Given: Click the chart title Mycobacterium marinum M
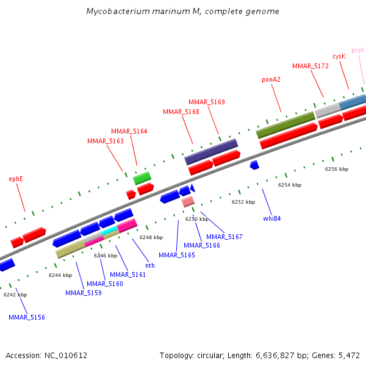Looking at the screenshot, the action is pyautogui.click(x=183, y=12).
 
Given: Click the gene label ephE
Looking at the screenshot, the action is pyautogui.click(x=16, y=179).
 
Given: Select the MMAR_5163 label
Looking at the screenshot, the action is pyautogui.click(x=106, y=141).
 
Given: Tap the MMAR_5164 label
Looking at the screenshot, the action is pyautogui.click(x=129, y=131).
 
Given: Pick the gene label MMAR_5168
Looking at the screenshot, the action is pyautogui.click(x=181, y=112).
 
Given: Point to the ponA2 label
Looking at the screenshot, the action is pyautogui.click(x=271, y=79).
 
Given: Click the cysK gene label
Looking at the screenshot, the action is pyautogui.click(x=339, y=56).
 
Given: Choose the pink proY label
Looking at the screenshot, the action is pyautogui.click(x=358, y=50).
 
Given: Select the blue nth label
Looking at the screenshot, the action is pyautogui.click(x=150, y=265).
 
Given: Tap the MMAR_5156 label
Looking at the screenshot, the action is pyautogui.click(x=27, y=317).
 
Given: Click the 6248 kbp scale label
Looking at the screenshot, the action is pyautogui.click(x=151, y=237).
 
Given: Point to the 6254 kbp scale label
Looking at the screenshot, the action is pyautogui.click(x=290, y=184).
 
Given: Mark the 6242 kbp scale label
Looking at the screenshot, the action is pyautogui.click(x=15, y=295).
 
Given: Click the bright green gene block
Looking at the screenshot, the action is pyautogui.click(x=142, y=178).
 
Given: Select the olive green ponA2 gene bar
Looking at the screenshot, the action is pyautogui.click(x=285, y=124).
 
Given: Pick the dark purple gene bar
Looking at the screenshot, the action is pyautogui.click(x=211, y=151).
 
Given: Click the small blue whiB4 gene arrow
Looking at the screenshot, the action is pyautogui.click(x=254, y=165).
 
